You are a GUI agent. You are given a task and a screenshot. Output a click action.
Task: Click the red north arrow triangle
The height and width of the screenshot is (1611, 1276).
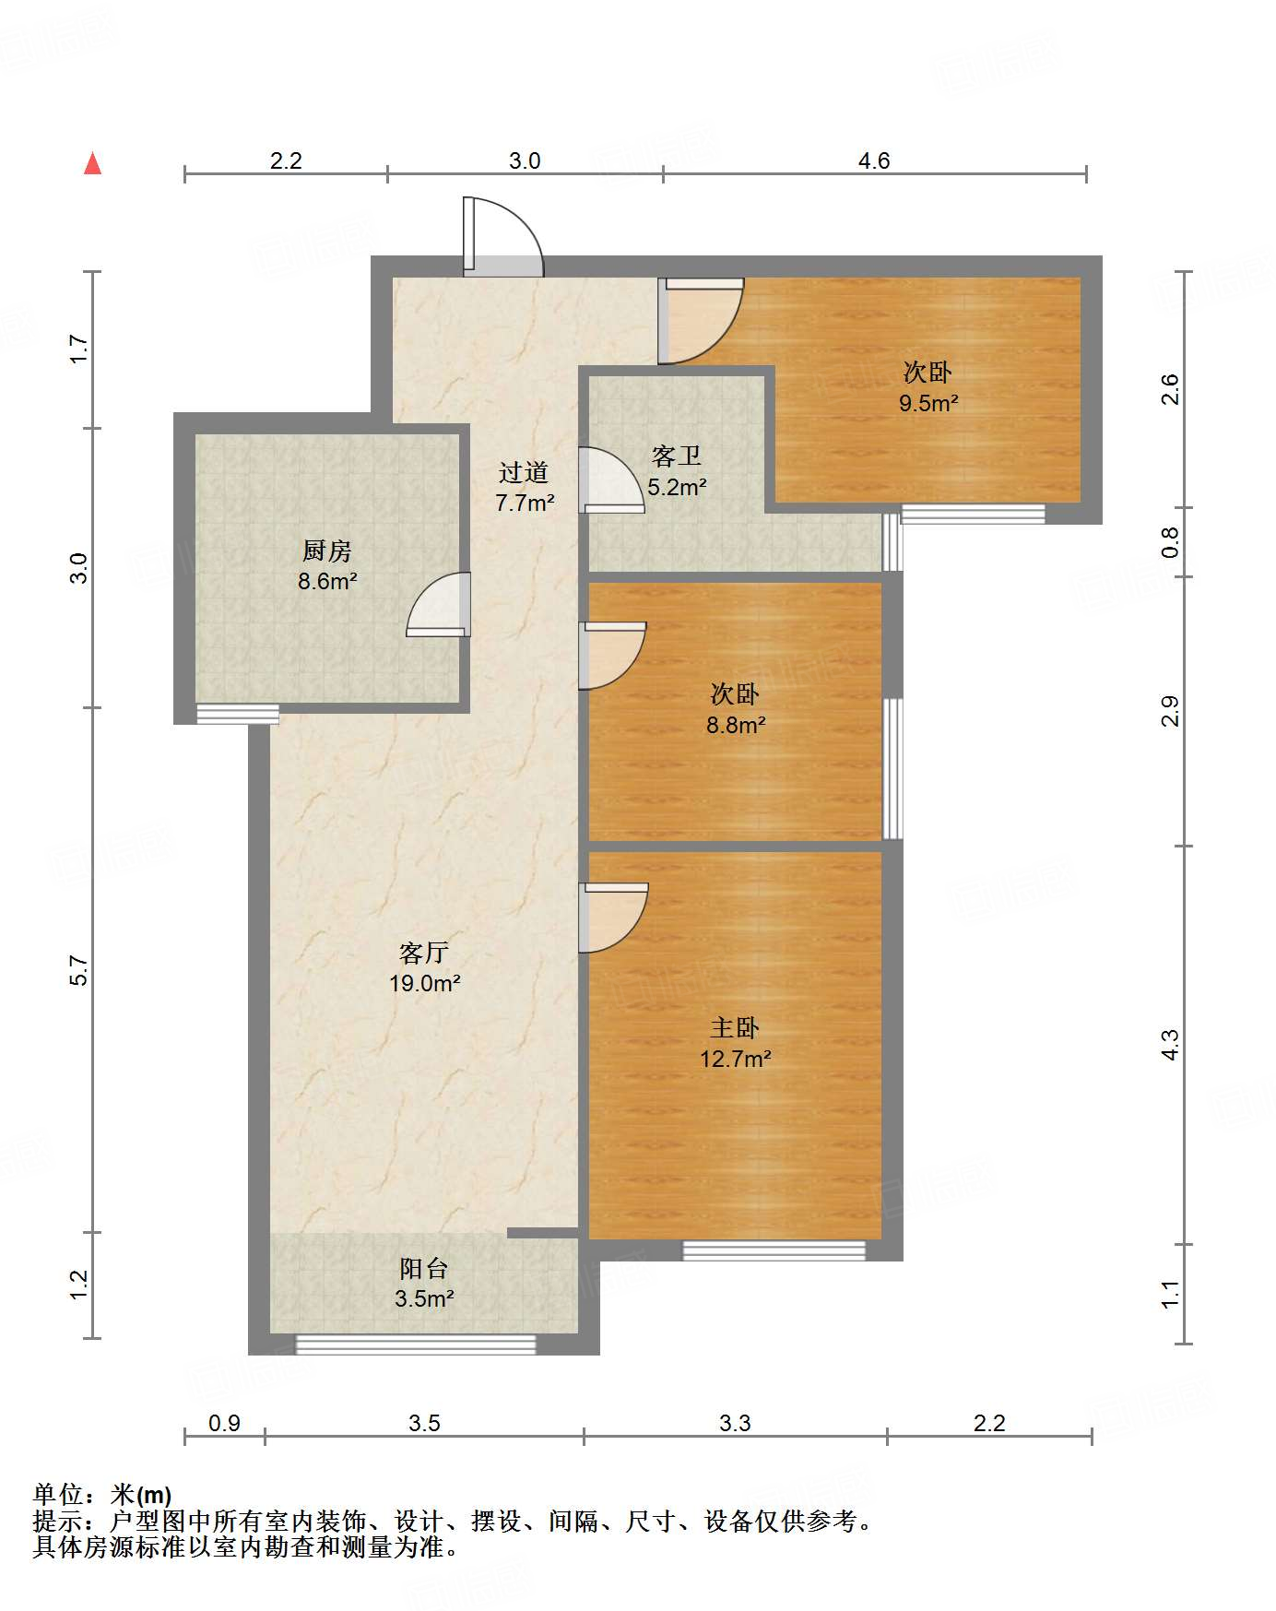coord(92,163)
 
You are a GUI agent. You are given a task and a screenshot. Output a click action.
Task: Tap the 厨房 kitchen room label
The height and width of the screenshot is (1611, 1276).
coord(327,551)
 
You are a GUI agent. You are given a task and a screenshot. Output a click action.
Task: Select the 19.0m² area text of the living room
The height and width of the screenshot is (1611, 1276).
coord(425,983)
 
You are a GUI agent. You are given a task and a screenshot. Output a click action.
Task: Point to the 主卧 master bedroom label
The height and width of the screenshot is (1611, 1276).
coord(735,1027)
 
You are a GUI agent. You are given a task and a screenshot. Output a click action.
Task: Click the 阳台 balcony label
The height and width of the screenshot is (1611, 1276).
coord(424,1269)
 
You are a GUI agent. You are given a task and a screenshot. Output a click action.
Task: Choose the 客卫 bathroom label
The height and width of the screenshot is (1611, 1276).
coord(677,456)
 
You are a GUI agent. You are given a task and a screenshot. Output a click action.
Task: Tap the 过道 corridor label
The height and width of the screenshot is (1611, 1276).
coord(524,472)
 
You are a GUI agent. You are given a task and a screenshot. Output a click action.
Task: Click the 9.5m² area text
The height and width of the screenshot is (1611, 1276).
coord(929,403)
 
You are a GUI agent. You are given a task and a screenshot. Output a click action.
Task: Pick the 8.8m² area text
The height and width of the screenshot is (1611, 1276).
coord(736,725)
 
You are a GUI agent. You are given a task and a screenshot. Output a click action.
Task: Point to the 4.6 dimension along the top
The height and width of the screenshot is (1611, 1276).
coord(874,160)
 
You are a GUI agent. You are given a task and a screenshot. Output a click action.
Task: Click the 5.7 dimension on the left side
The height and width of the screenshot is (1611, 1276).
coord(79,970)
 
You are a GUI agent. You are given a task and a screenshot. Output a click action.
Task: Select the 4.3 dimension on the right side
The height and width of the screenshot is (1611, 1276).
coord(1169,1044)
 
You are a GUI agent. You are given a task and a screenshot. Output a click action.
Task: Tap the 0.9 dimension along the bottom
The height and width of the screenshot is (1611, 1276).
coord(224,1423)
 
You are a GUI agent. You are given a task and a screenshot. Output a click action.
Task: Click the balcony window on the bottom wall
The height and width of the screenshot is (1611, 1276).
coord(415,1344)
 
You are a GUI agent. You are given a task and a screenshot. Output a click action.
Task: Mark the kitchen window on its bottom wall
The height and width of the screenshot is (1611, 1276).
coord(238,714)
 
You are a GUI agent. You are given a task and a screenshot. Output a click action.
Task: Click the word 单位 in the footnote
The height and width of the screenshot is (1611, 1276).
coord(57,1495)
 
